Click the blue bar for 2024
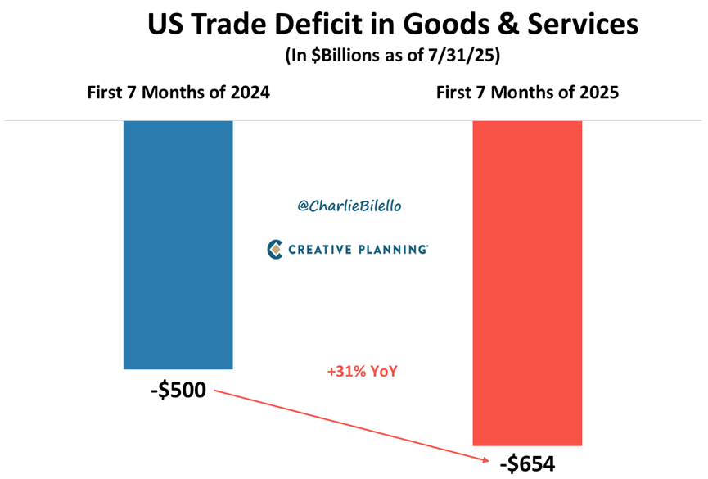click(x=178, y=245)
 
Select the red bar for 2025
click(x=527, y=282)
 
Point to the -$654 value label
click(x=527, y=463)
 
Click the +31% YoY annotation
click(x=362, y=372)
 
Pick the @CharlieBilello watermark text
click(x=349, y=206)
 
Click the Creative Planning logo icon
click(x=276, y=249)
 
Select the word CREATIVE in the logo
click(x=321, y=249)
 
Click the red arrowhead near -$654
click(x=486, y=459)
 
